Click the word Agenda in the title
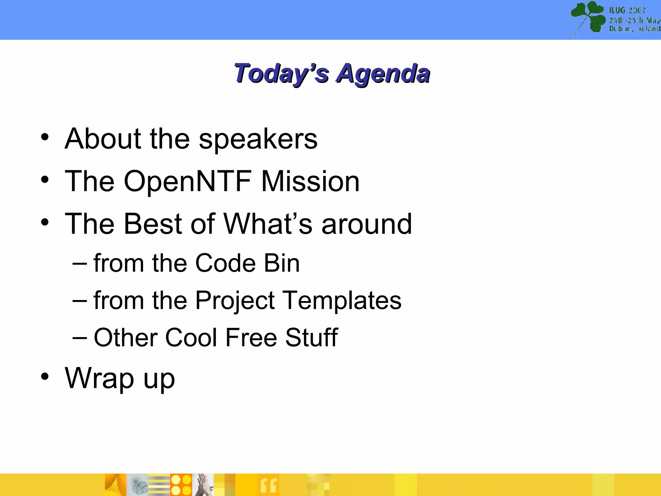click(383, 74)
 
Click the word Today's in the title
click(281, 74)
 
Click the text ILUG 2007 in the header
click(627, 10)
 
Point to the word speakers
click(258, 139)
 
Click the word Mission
click(310, 181)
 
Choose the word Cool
click(191, 337)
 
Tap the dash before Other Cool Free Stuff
click(79, 338)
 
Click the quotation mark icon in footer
click(269, 486)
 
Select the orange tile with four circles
click(181, 485)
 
